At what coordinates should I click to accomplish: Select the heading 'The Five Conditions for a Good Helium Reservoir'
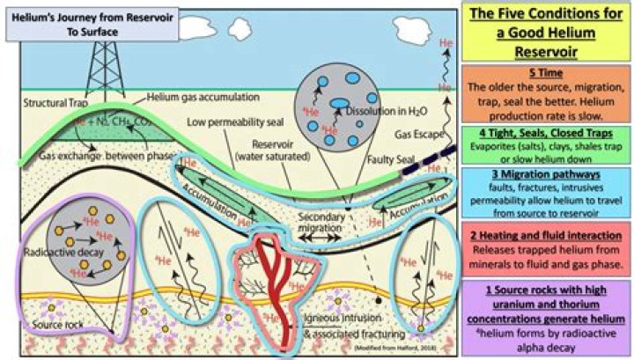coord(547,31)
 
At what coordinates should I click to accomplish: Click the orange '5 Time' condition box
coord(547,92)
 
